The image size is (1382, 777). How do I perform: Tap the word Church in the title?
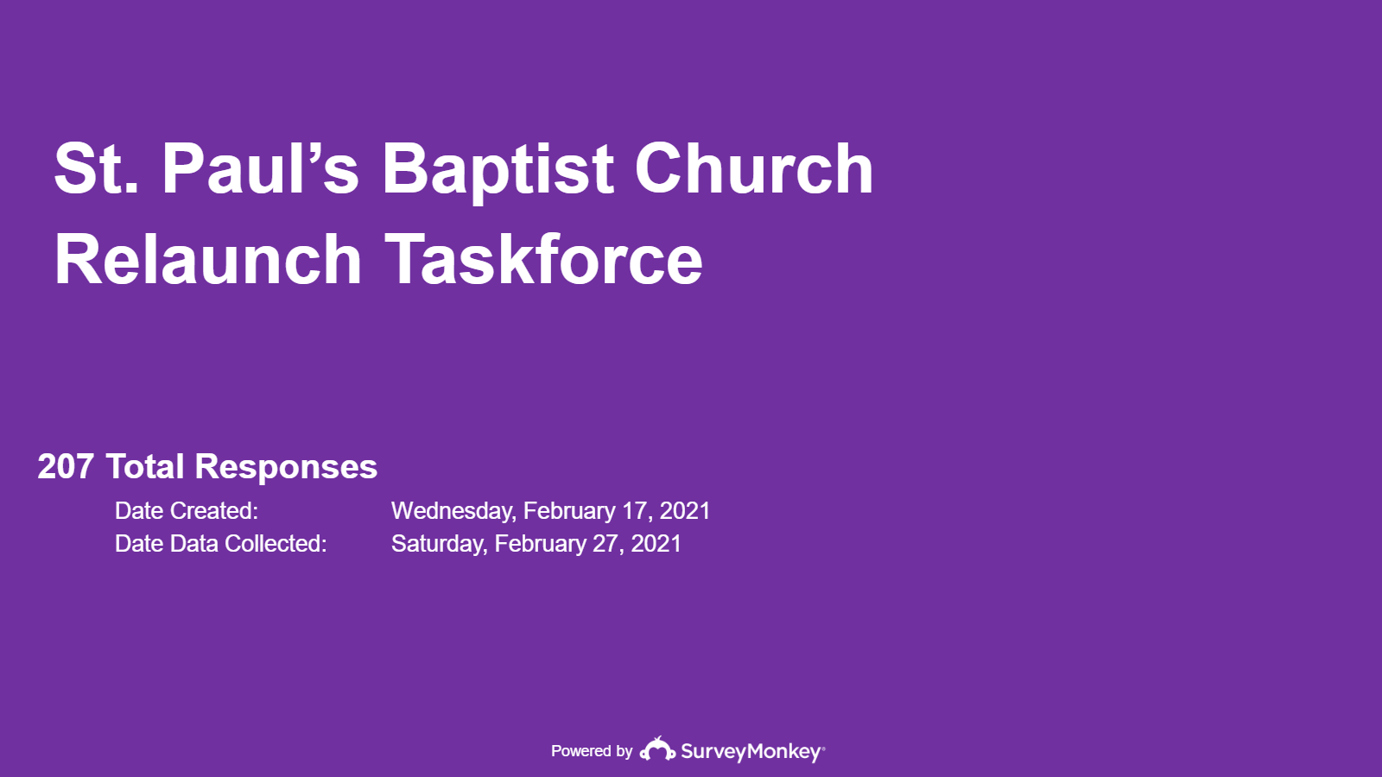tap(753, 167)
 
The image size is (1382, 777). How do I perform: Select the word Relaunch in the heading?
tap(208, 259)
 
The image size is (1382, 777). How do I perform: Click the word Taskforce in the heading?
tap(543, 259)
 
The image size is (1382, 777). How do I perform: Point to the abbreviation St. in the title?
tap(96, 168)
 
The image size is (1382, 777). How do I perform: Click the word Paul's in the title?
tap(260, 168)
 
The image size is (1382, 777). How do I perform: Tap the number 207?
tap(66, 467)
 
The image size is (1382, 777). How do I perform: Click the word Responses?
tap(286, 467)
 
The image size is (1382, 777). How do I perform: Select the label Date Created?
tap(187, 510)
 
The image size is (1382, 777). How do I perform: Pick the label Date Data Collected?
tap(221, 543)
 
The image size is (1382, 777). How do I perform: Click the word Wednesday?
tap(453, 511)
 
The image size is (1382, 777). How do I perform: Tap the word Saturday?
tap(440, 544)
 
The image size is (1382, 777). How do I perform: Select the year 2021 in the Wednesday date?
tap(684, 510)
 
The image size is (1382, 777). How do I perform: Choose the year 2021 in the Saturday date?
tap(656, 543)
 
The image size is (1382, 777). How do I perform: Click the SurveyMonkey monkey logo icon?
tap(657, 749)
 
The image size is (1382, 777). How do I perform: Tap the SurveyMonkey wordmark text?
tap(752, 752)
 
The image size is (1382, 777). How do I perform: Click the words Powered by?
tap(592, 751)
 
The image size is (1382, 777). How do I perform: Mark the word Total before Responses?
tap(145, 467)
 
